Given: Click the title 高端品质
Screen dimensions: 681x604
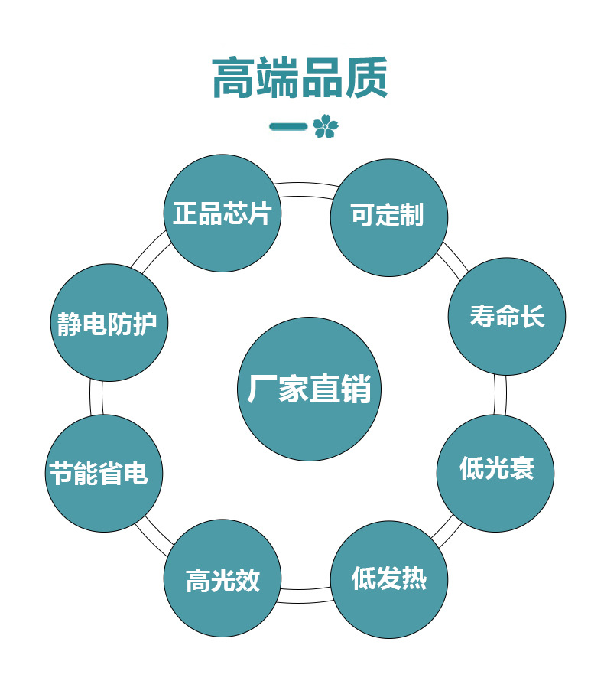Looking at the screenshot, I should [x=300, y=78].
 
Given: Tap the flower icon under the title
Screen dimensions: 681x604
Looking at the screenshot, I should [x=325, y=126].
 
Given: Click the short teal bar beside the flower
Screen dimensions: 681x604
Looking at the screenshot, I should [x=288, y=126].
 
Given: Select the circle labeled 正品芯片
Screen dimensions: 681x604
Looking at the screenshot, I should [x=222, y=213].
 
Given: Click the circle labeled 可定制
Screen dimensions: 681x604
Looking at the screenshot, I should [x=388, y=217].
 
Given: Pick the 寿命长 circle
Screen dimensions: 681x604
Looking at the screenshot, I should [x=506, y=317].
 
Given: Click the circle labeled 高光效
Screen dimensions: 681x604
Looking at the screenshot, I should [x=222, y=578].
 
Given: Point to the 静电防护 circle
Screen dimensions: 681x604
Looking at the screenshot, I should [x=108, y=323].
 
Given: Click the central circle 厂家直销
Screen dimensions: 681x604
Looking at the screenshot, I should [x=309, y=389].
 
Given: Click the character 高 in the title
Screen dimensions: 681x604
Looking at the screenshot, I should [x=234, y=78].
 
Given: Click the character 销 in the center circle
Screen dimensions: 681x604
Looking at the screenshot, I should [x=357, y=389].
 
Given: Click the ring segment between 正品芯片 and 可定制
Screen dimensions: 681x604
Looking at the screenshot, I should [x=306, y=187].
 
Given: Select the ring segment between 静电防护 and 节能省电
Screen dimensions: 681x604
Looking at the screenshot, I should [x=96, y=398].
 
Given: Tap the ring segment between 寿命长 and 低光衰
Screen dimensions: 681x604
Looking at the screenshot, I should [x=500, y=395].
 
